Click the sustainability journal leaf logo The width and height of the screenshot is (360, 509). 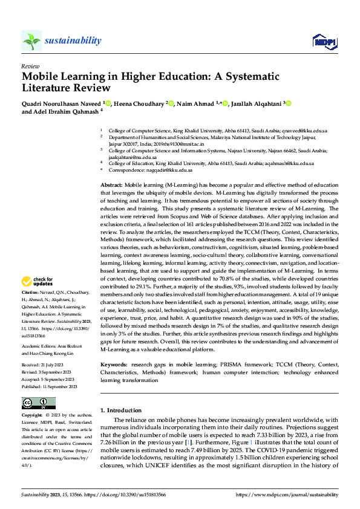(31, 41)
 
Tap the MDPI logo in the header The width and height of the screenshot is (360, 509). (323, 41)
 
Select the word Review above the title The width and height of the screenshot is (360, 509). (30, 65)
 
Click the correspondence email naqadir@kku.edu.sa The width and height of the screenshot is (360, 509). (169, 170)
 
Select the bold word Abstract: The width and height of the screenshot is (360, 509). (111, 183)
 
